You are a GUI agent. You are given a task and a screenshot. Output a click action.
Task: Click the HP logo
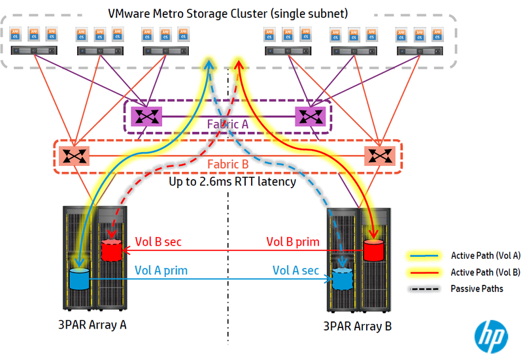490,335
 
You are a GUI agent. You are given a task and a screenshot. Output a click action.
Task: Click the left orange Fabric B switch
71,155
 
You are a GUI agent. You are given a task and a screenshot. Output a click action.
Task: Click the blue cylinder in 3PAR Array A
78,278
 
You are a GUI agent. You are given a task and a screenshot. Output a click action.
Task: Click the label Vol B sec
158,242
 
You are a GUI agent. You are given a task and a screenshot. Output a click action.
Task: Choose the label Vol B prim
293,242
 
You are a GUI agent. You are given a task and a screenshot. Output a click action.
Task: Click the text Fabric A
228,123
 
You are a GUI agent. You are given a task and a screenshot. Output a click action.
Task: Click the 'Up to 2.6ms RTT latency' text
232,181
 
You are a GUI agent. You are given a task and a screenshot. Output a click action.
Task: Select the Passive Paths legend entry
477,288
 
